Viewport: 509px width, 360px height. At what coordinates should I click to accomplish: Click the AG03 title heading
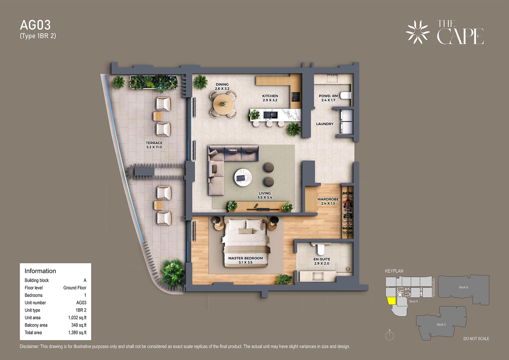[35, 25]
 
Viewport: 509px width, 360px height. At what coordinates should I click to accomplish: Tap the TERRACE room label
[154, 143]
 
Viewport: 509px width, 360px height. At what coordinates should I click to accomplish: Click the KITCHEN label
[270, 96]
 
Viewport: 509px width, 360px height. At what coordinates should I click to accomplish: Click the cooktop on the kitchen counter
[296, 96]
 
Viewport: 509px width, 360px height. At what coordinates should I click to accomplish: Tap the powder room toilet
[345, 95]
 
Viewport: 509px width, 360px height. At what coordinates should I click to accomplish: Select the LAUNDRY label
[325, 124]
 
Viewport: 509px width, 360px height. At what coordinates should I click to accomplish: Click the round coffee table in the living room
[243, 178]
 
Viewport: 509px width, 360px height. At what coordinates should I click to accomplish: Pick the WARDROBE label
[328, 199]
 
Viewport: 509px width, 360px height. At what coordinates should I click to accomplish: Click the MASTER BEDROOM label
[245, 258]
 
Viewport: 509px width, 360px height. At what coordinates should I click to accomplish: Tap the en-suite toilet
[321, 249]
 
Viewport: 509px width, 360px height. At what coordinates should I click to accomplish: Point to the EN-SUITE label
[322, 259]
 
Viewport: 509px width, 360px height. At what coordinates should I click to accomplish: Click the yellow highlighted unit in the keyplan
[391, 301]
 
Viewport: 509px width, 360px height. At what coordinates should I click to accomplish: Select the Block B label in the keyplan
[463, 287]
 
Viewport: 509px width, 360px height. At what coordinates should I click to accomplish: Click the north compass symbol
[390, 335]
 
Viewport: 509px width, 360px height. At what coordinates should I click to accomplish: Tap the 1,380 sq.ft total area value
[77, 333]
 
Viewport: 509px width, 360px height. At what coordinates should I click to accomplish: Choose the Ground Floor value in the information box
[75, 288]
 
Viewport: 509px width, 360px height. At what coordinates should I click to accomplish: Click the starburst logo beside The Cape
[418, 32]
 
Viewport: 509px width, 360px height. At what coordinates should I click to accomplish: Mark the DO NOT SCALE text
[476, 339]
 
